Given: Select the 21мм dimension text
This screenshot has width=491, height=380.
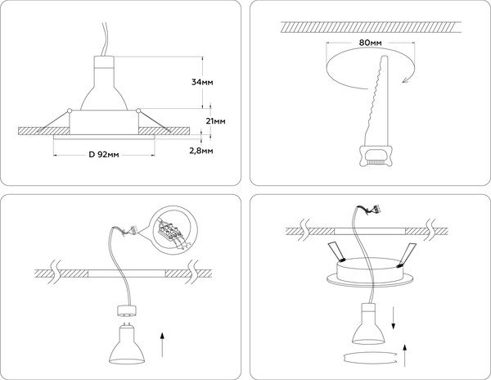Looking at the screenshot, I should coord(216,120).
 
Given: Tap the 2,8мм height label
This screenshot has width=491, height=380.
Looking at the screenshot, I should coord(202,151).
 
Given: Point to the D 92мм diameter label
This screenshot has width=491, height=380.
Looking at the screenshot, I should coord(104,155).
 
